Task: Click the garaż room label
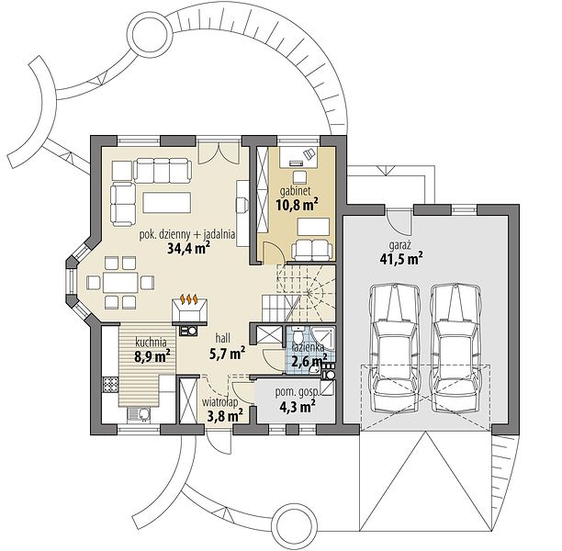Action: click(x=400, y=246)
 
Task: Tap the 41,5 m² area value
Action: click(x=400, y=258)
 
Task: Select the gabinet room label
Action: click(x=295, y=191)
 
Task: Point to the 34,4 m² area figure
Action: click(x=188, y=248)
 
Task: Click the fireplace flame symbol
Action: click(x=189, y=298)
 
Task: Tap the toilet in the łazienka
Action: click(x=298, y=335)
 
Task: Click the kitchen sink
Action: click(x=139, y=414)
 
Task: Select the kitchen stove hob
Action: click(x=110, y=385)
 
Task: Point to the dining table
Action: click(x=120, y=283)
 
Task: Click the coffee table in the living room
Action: click(x=166, y=203)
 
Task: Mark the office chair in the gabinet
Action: click(x=309, y=153)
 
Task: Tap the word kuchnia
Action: click(x=151, y=342)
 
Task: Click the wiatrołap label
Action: click(x=219, y=402)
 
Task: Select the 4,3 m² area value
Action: click(x=298, y=407)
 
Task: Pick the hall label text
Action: click(x=222, y=338)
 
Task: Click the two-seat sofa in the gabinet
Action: click(x=312, y=250)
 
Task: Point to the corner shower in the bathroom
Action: click(x=323, y=337)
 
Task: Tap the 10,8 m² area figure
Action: click(x=298, y=205)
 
